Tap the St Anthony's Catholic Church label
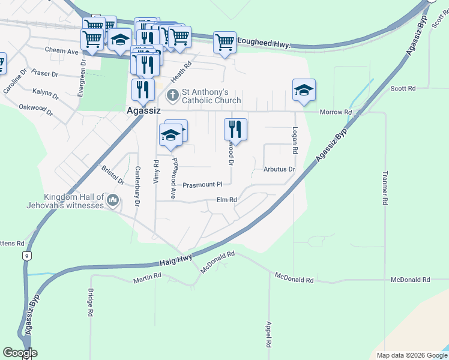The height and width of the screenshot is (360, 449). (211, 96)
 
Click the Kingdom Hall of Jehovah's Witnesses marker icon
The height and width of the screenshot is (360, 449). (112, 200)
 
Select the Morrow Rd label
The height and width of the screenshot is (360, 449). (336, 112)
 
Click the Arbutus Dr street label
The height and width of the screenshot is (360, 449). (279, 169)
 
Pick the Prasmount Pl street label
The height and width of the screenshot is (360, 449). (203, 185)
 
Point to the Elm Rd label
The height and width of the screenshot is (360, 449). (227, 200)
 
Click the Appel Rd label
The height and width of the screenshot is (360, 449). (269, 335)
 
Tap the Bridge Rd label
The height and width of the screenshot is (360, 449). (90, 303)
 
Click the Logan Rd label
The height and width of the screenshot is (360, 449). (295, 139)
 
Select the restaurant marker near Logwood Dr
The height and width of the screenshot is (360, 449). (235, 130)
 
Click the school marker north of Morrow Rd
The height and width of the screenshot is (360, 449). (304, 90)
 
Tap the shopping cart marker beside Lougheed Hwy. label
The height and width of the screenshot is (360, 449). (224, 43)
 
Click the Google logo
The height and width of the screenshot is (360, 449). (20, 353)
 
